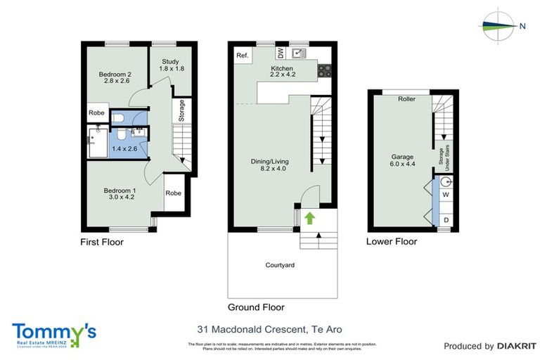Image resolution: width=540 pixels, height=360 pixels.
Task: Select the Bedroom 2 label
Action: point(115,75)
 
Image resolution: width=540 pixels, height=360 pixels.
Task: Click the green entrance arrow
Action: point(309,219)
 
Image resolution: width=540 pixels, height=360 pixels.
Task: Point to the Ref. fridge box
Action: point(243,56)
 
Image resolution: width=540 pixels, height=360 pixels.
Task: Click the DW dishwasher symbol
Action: point(282,53)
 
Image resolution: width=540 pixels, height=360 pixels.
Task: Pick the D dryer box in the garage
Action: point(446,221)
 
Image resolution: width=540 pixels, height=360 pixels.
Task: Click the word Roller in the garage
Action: point(406,99)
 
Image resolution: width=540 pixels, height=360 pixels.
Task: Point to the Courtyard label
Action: point(279,265)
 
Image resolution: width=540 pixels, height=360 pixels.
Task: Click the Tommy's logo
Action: point(54,334)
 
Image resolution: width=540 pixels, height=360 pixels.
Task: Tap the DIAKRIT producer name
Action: point(517,346)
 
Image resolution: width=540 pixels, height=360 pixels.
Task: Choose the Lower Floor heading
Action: point(392,241)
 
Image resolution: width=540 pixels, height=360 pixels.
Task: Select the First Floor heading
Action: point(101,242)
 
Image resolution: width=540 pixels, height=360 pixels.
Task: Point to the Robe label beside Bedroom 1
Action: point(174,193)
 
